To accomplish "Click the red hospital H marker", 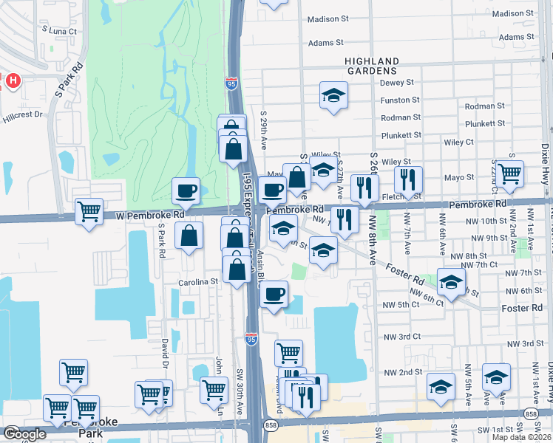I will pos(11,80).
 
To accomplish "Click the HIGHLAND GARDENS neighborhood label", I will pos(372,66).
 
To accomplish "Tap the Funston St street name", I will pos(400,100).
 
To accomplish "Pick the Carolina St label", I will pos(198,281).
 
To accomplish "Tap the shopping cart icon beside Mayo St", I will pos(510,174).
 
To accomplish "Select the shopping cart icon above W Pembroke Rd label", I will pos(89,212).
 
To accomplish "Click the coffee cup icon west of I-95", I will pos(186,191).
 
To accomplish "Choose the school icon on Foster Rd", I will pos(451,281).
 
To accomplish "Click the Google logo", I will pos(24,434).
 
